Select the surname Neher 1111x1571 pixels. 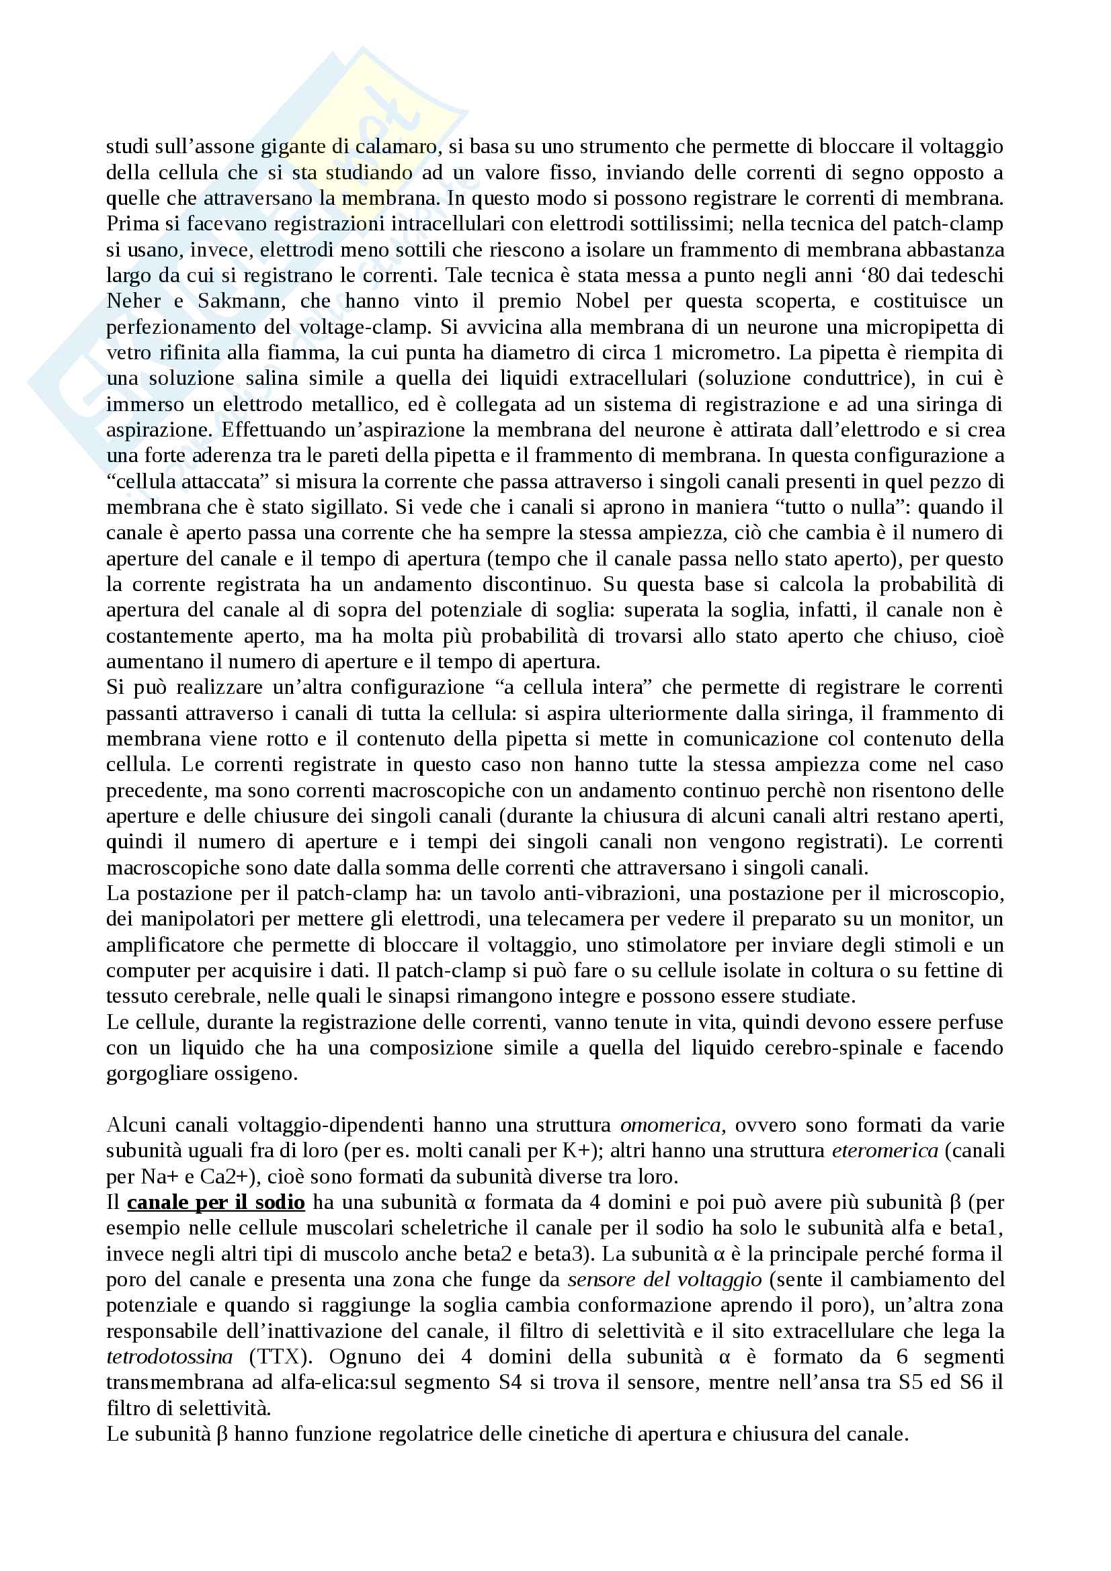pos(134,301)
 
